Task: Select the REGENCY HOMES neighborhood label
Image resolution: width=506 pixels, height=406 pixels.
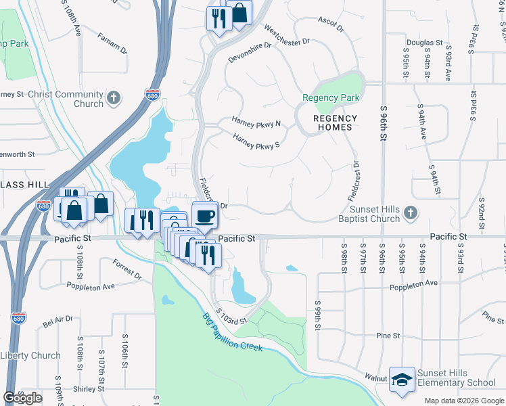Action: pos(332,122)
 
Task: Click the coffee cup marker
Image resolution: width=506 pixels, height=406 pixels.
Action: pos(205,217)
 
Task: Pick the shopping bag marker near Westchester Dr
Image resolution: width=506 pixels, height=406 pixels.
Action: pos(239,12)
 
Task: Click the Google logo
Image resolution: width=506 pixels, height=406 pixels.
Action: pos(22,398)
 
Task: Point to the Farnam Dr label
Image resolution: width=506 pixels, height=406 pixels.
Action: pos(112,42)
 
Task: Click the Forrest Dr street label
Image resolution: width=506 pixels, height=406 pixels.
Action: pos(127,271)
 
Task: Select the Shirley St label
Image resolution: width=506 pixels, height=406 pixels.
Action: pos(89,389)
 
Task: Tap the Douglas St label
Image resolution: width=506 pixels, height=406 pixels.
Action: pos(425,43)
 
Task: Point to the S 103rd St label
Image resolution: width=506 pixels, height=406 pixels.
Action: pos(232,317)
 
